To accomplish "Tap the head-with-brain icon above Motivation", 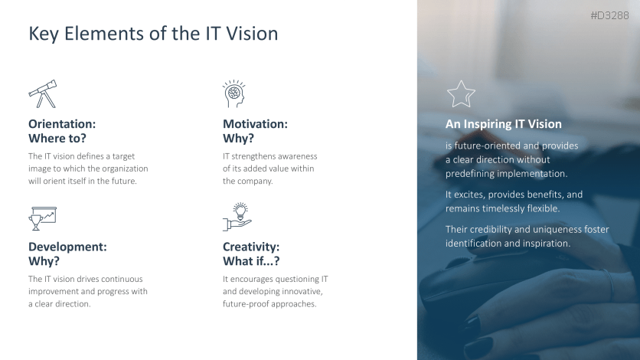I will coord(233,93).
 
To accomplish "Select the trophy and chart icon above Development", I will coord(42,218).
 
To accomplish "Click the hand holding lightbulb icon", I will coord(237,218).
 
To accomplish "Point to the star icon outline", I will coord(461,94).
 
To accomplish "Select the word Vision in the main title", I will coord(252,34).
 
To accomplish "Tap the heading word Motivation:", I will coord(255,123).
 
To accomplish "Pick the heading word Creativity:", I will coord(251,247).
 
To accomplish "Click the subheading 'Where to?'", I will coord(57,139).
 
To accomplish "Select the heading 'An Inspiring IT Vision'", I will coord(504,124).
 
